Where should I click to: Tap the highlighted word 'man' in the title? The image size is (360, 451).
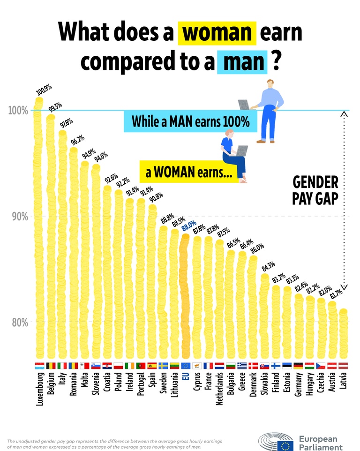[242, 61]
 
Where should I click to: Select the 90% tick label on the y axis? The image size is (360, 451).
[19, 217]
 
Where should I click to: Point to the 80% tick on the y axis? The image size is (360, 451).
[19, 323]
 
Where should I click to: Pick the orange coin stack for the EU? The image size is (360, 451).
[185, 295]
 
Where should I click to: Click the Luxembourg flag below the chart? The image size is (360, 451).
[39, 365]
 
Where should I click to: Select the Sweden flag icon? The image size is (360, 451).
[163, 365]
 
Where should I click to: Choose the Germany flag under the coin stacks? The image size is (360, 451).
[298, 365]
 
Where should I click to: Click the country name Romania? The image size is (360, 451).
[73, 384]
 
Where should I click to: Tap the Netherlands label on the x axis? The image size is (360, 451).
[219, 389]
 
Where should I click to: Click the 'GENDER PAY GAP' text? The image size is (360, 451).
[315, 190]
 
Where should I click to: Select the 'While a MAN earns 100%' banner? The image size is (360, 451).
[190, 121]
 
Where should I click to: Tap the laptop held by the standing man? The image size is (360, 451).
[245, 104]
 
